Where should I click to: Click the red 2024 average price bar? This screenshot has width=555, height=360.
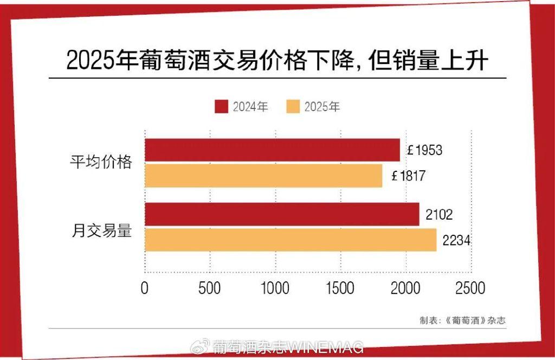point(272,150)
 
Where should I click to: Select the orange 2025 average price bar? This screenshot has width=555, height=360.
point(263,176)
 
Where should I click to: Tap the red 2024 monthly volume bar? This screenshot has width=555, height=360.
point(282,214)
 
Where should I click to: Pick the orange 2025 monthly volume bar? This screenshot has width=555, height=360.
point(291,240)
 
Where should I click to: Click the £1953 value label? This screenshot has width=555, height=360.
point(425,150)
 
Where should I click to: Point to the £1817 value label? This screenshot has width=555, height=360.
point(408,176)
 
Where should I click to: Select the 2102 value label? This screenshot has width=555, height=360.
point(439,214)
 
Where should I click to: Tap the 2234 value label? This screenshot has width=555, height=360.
point(456,240)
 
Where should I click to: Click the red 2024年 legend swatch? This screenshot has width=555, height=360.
point(221,107)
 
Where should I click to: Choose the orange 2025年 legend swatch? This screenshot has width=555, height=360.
point(292,107)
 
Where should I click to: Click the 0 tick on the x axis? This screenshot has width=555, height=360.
point(145,288)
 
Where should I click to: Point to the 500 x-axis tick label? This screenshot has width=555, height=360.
point(210,288)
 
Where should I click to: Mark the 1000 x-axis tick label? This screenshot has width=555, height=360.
point(275,288)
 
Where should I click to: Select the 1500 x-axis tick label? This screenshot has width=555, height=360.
point(340,288)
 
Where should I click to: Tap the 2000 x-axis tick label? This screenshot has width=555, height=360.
point(405,288)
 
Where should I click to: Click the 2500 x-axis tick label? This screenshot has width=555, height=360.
point(470,288)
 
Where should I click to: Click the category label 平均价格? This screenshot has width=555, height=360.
point(101,162)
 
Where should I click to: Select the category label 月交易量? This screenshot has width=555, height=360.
point(101,230)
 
